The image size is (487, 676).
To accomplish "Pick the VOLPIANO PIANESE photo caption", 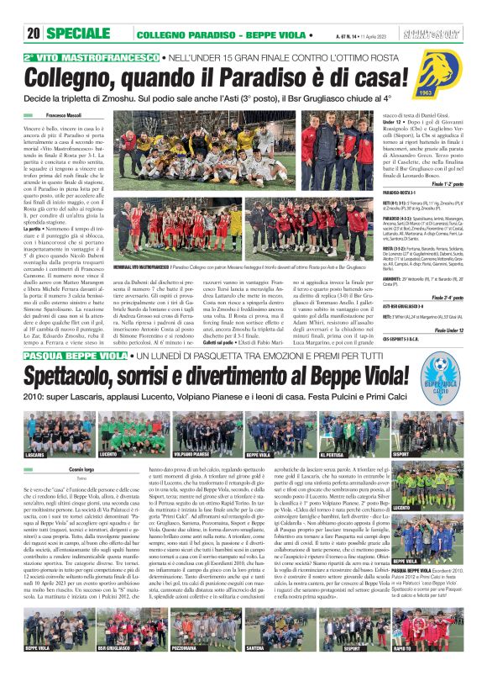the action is tap(191, 454).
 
